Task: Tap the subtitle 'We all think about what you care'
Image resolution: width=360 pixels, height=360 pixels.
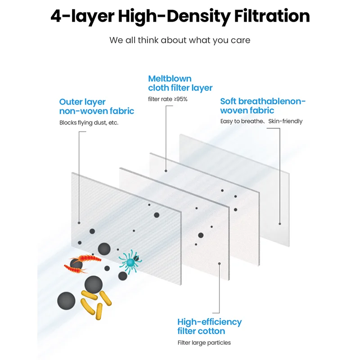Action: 180,40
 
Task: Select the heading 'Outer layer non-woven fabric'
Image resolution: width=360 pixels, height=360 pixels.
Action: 97,106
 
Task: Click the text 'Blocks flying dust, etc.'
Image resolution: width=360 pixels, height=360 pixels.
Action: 89,123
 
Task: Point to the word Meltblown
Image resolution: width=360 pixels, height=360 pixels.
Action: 170,79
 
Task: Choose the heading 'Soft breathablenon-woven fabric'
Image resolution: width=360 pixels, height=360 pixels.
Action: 263,106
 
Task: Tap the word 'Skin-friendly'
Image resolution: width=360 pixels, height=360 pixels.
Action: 286,121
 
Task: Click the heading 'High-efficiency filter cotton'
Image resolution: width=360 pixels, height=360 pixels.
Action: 209,326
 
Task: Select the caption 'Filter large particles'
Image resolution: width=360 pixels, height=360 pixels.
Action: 204,343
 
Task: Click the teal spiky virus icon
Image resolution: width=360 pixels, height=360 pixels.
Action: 131,261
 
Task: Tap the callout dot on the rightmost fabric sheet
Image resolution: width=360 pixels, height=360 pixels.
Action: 280,223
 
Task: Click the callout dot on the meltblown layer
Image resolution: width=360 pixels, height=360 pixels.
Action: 166,171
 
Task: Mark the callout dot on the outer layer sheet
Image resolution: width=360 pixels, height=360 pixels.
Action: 79,222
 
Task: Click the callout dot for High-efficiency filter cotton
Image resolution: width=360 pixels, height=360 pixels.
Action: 219,263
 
